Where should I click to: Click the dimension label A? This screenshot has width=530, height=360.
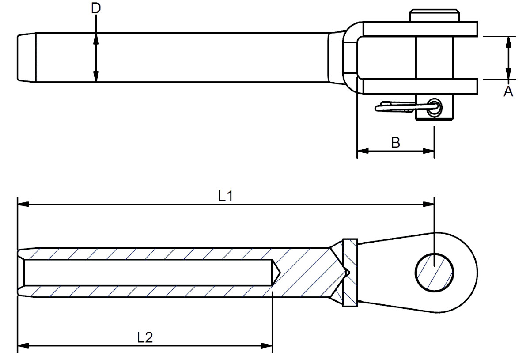coord(508,91)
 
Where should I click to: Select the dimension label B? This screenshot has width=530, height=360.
coord(396,142)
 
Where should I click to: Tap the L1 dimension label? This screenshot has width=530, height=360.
coord(225,196)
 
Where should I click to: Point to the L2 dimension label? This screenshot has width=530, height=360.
coord(145,337)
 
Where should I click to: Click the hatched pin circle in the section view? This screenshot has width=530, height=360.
coord(434,272)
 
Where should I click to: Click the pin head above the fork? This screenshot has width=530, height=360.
coord(434,15)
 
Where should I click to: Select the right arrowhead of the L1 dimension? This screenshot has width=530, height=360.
coord(429,204)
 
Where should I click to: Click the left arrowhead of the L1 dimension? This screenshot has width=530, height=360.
coord(23,204)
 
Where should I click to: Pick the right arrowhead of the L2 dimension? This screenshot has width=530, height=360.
coord(267,345)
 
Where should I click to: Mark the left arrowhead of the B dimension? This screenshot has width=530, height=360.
coord(362,151)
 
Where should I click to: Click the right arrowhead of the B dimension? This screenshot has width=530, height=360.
coord(429,151)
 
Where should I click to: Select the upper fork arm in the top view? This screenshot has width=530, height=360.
coord(420,29)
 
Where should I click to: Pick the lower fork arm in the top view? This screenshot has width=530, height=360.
coord(420,87)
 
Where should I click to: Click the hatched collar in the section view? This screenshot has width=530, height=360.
coord(350,272)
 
